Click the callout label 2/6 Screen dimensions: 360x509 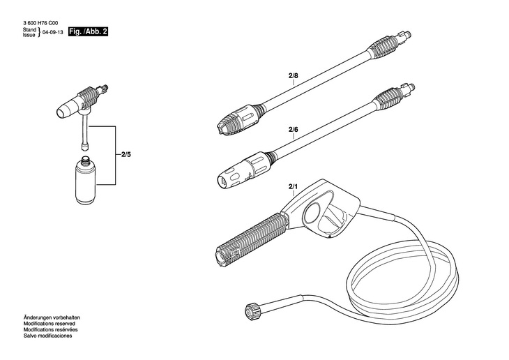[293, 130]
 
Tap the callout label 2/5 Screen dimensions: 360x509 [126, 155]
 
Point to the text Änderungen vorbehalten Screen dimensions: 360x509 [52, 319]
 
